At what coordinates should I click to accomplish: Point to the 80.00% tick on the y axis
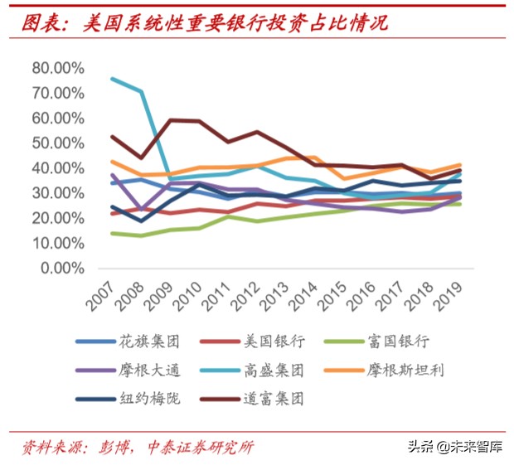coord(59,67)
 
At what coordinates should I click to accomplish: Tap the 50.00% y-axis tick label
coord(59,143)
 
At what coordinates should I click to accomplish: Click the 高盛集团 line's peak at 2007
coord(113,79)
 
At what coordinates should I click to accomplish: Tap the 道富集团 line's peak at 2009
coord(171,120)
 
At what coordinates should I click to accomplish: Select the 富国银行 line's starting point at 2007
coord(113,233)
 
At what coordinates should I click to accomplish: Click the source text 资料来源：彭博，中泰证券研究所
coord(138,447)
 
